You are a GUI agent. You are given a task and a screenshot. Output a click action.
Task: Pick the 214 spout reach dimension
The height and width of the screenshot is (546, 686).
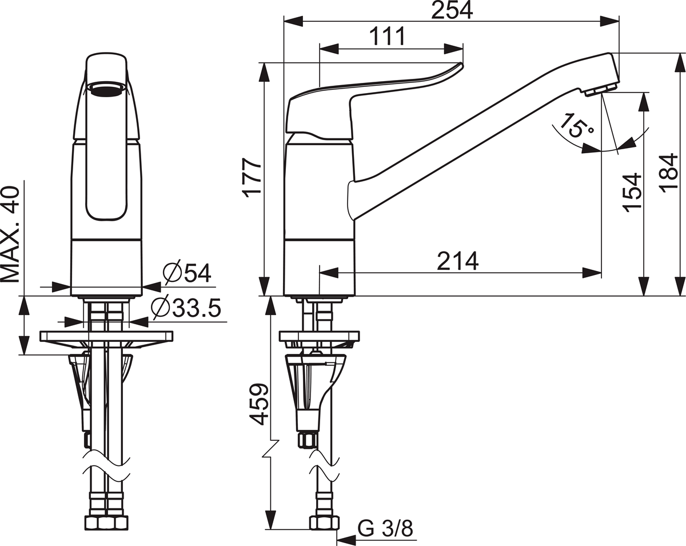[457, 261]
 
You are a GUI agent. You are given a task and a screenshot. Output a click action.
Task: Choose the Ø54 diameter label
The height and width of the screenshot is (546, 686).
[186, 273]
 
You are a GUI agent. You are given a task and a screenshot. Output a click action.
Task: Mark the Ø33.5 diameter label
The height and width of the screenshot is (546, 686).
[186, 309]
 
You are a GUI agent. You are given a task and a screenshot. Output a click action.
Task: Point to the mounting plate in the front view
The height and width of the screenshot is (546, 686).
[106, 336]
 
